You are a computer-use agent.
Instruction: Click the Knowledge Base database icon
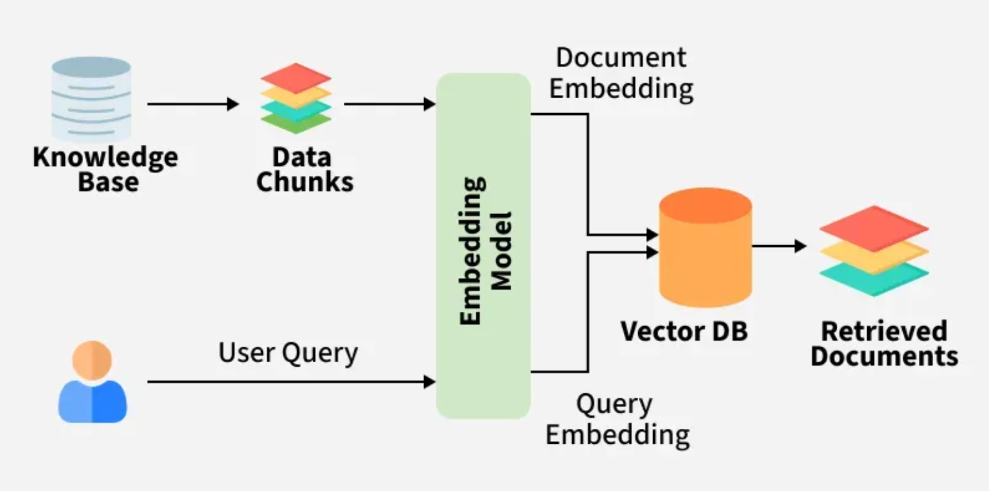point(91,99)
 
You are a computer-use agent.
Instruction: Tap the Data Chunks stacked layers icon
point(296,99)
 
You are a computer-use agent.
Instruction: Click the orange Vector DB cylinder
point(705,248)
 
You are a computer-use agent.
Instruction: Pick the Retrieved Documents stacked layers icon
point(874,251)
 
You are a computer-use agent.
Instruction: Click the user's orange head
point(92,360)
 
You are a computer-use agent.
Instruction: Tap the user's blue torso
point(92,402)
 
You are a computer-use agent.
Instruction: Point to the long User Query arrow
point(290,382)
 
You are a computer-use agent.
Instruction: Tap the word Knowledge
point(105,157)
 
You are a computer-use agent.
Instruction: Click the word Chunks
point(305,182)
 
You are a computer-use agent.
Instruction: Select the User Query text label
point(288,353)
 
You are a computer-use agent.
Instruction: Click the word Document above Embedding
point(621,57)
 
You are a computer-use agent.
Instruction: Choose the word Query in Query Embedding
point(614,404)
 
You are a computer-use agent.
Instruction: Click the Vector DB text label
point(684,331)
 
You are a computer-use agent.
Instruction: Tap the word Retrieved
point(884,331)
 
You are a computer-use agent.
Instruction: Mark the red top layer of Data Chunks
point(296,77)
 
